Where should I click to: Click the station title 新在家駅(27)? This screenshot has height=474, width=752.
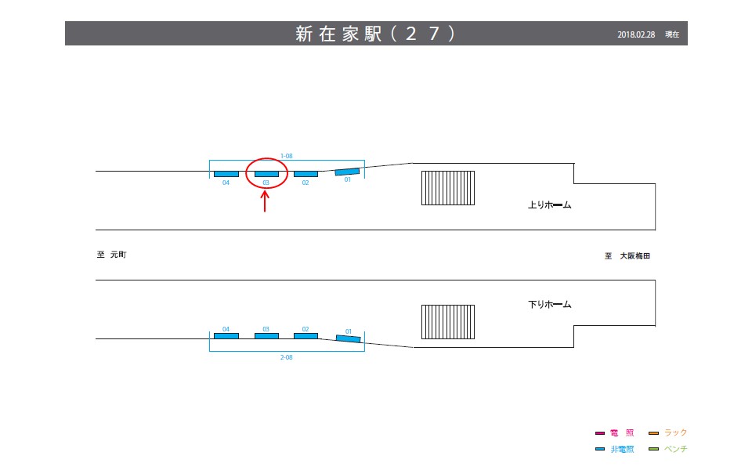coord(375,34)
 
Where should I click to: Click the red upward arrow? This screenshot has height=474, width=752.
coord(266,201)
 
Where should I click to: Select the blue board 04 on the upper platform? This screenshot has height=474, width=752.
coord(226,173)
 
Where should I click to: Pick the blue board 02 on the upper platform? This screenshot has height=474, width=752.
coord(305,173)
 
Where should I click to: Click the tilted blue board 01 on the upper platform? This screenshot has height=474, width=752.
coord(347,172)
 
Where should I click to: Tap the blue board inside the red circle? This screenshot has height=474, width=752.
coord(266,173)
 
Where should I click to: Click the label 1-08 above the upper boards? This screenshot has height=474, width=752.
coord(287,157)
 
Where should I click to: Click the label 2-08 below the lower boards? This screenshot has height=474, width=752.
coord(287,356)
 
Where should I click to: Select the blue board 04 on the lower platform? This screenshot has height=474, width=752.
coord(226,336)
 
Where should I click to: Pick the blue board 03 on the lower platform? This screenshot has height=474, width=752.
coord(266,336)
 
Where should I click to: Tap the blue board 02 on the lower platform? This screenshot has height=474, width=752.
coord(305,336)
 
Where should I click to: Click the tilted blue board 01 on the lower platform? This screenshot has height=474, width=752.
coord(349,338)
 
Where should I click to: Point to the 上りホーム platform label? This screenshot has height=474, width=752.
coord(550,206)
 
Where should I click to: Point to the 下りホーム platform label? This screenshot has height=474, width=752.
coord(550,304)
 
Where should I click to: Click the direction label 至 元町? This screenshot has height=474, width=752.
coord(111,255)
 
